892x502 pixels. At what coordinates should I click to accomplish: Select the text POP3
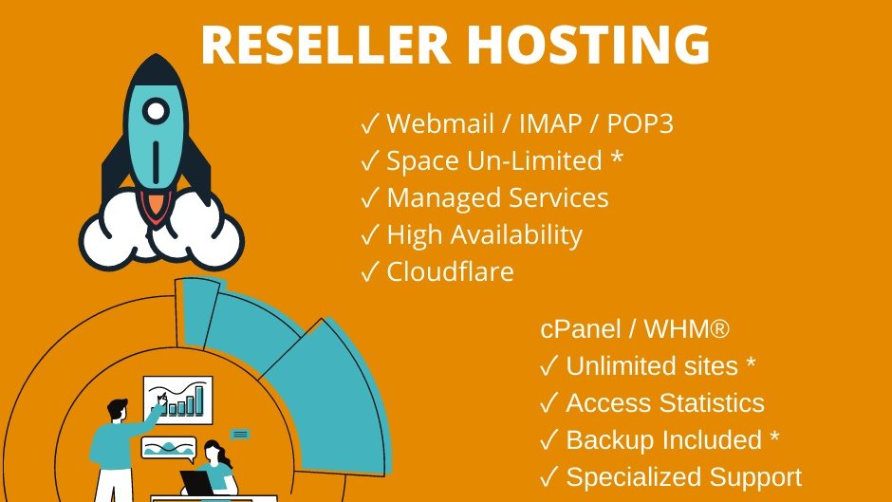coord(639,124)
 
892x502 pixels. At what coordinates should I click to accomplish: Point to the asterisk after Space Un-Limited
coord(617,158)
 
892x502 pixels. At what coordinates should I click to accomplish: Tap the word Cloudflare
coord(450,272)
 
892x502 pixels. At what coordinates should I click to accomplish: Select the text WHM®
coord(686,330)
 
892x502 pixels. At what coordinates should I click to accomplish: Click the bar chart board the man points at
coord(179,400)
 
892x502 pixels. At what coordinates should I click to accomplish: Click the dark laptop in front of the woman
coord(197,481)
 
